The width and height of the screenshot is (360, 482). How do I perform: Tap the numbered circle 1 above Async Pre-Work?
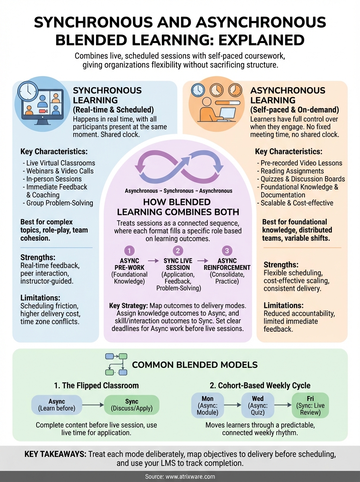click(129, 251)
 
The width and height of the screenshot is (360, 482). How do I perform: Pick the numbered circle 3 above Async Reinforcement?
click(227, 251)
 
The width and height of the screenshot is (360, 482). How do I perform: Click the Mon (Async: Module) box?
click(208, 405)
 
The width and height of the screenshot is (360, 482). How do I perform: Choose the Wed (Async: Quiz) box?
click(258, 405)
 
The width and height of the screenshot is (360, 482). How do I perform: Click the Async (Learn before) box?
click(57, 405)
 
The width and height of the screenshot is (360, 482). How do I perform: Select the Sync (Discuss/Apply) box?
click(132, 405)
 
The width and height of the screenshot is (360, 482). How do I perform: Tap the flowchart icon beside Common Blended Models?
click(116, 364)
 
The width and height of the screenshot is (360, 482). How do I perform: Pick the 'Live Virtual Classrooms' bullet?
click(60, 163)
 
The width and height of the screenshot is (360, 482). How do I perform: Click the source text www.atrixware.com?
click(180, 476)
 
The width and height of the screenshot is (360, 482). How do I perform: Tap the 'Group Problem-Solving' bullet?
click(59, 203)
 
